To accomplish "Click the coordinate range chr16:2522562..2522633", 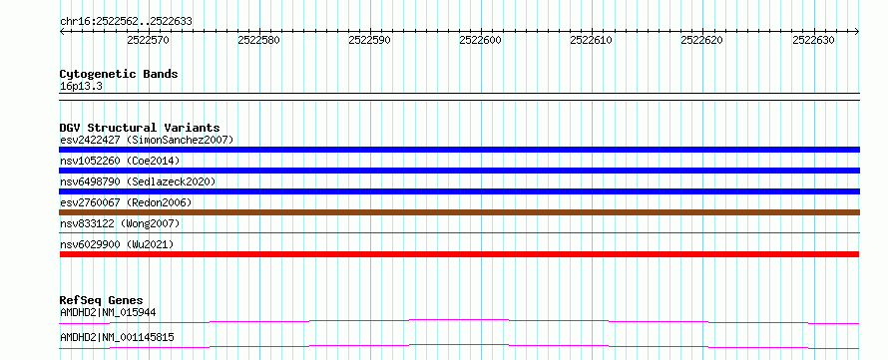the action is pos(126,22).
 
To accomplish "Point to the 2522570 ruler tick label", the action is pos(148,40).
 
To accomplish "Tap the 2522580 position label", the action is pos(258,40).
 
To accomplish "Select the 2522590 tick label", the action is pos(369,40).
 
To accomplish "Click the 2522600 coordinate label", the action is pos(480,40).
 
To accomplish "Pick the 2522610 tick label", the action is pos(591,40).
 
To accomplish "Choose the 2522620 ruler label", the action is pos(701,40).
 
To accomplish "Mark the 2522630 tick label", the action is pos(813,40).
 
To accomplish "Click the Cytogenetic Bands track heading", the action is pos(119,74).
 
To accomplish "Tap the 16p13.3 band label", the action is pos(81,87).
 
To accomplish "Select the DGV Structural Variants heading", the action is pos(140,128).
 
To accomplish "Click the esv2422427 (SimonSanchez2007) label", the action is pos(147,140).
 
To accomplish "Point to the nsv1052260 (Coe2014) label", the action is pos(120,161).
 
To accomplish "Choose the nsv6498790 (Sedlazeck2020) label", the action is pos(138,181).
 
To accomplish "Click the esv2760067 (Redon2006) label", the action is pos(126,202).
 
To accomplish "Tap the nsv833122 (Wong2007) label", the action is pos(120,223).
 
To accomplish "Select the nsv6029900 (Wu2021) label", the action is pos(117,244).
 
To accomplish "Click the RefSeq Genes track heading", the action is pos(102,300).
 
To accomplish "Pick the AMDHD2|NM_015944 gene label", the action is pos(108,312).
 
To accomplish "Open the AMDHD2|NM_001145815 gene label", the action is pos(117,338).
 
